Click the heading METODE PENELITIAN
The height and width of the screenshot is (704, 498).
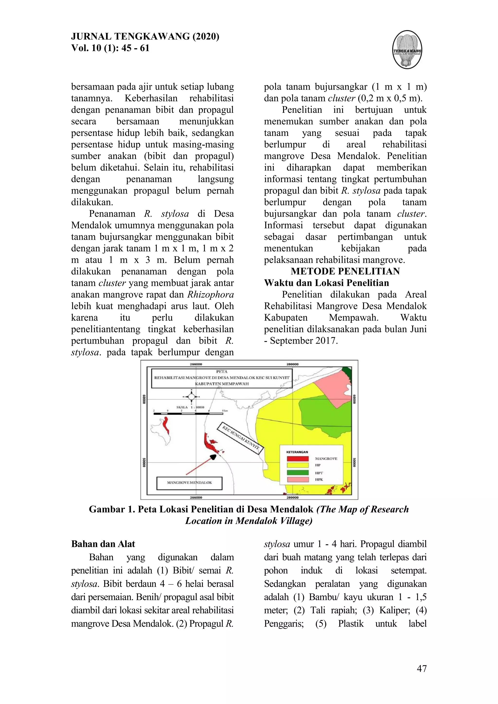[345, 271]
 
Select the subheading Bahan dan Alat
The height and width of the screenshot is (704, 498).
[103, 544]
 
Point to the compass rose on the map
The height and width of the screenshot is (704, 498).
[191, 396]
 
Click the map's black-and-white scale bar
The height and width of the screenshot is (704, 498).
[188, 414]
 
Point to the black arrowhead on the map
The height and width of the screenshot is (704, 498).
[213, 457]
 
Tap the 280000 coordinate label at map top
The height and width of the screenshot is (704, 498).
[292, 364]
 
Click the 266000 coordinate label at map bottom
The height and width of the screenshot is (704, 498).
[196, 497]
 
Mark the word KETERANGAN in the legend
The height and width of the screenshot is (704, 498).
[297, 452]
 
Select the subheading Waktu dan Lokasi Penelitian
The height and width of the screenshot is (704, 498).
[326, 283]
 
